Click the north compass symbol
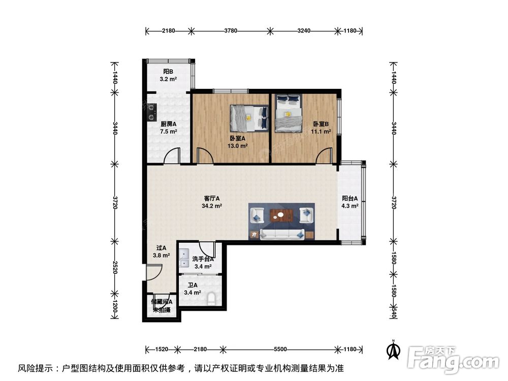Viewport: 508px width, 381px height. click(392, 350)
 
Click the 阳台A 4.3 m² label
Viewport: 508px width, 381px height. click(350, 202)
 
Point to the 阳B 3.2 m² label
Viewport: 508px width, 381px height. click(169, 76)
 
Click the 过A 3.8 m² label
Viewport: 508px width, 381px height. click(161, 251)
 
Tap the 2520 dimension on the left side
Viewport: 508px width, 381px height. click(115, 269)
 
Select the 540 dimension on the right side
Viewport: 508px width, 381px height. click(393, 311)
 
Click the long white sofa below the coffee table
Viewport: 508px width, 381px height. click(283, 234)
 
